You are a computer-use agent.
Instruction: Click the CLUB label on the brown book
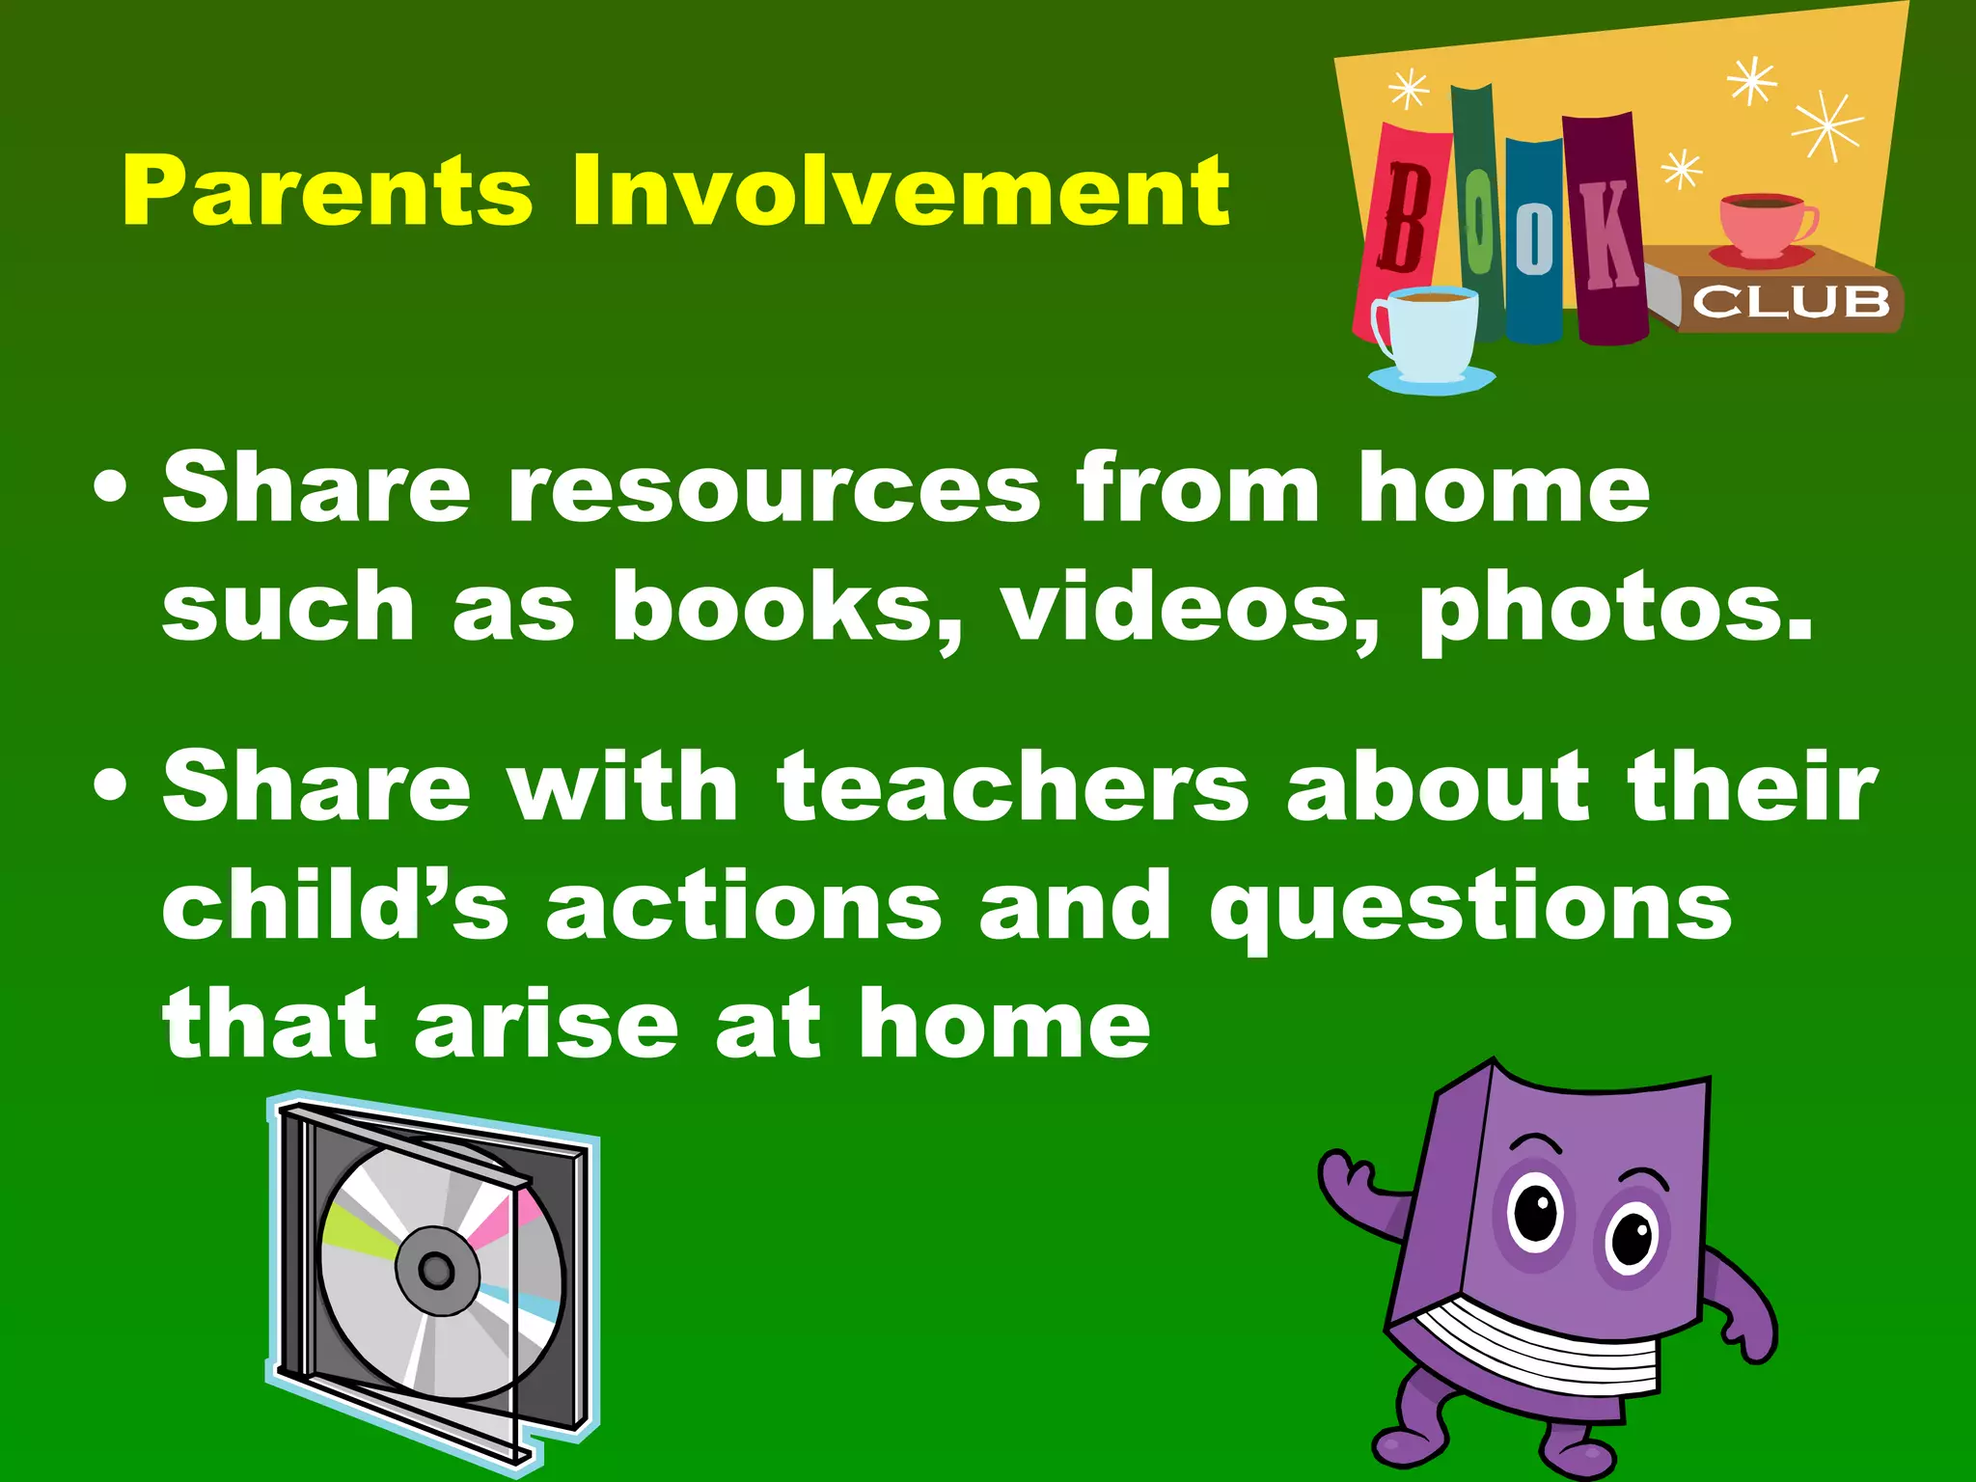[1791, 302]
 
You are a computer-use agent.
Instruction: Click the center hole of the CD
[436, 1270]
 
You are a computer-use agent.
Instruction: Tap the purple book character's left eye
[1533, 1215]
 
